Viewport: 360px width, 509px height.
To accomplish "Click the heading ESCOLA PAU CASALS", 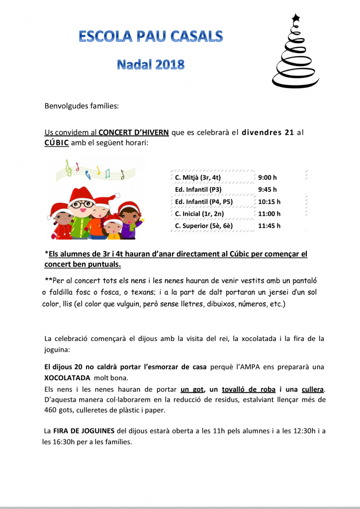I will [x=151, y=36].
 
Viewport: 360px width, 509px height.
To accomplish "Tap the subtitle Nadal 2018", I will [x=151, y=64].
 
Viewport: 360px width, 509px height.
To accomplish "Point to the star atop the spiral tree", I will [x=296, y=18].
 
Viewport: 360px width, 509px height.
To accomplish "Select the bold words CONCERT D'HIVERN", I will [x=133, y=132].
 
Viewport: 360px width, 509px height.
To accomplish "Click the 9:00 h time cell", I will [x=268, y=177].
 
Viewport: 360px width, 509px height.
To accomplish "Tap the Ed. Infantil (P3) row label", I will [x=198, y=189].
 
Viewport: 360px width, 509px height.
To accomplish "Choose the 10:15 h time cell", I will [x=269, y=202].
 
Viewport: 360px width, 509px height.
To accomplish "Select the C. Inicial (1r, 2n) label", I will [x=199, y=214].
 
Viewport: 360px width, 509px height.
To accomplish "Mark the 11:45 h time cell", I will [x=269, y=226].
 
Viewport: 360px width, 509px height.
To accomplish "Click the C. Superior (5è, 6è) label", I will [x=204, y=226].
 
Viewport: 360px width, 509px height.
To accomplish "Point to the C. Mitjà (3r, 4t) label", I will [x=198, y=177].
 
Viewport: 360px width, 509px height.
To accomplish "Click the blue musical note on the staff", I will [x=88, y=173].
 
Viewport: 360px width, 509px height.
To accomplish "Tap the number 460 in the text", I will [x=51, y=411].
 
